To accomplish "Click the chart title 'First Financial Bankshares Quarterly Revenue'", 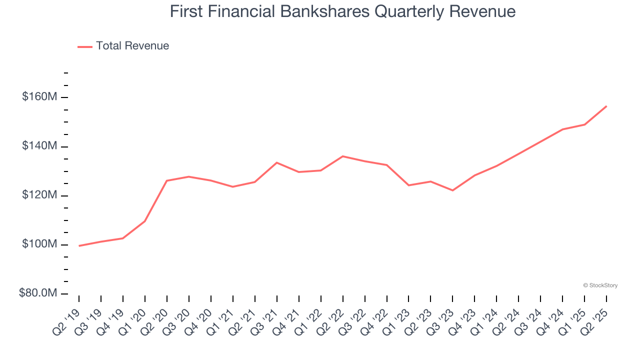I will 342,11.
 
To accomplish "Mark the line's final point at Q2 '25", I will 606,106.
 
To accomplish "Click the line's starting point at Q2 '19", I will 79,246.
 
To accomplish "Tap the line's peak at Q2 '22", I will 343,156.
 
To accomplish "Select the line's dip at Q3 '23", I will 452,190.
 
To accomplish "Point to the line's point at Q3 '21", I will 277,162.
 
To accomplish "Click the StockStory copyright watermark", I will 600,285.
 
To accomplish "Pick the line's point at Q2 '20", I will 167,180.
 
